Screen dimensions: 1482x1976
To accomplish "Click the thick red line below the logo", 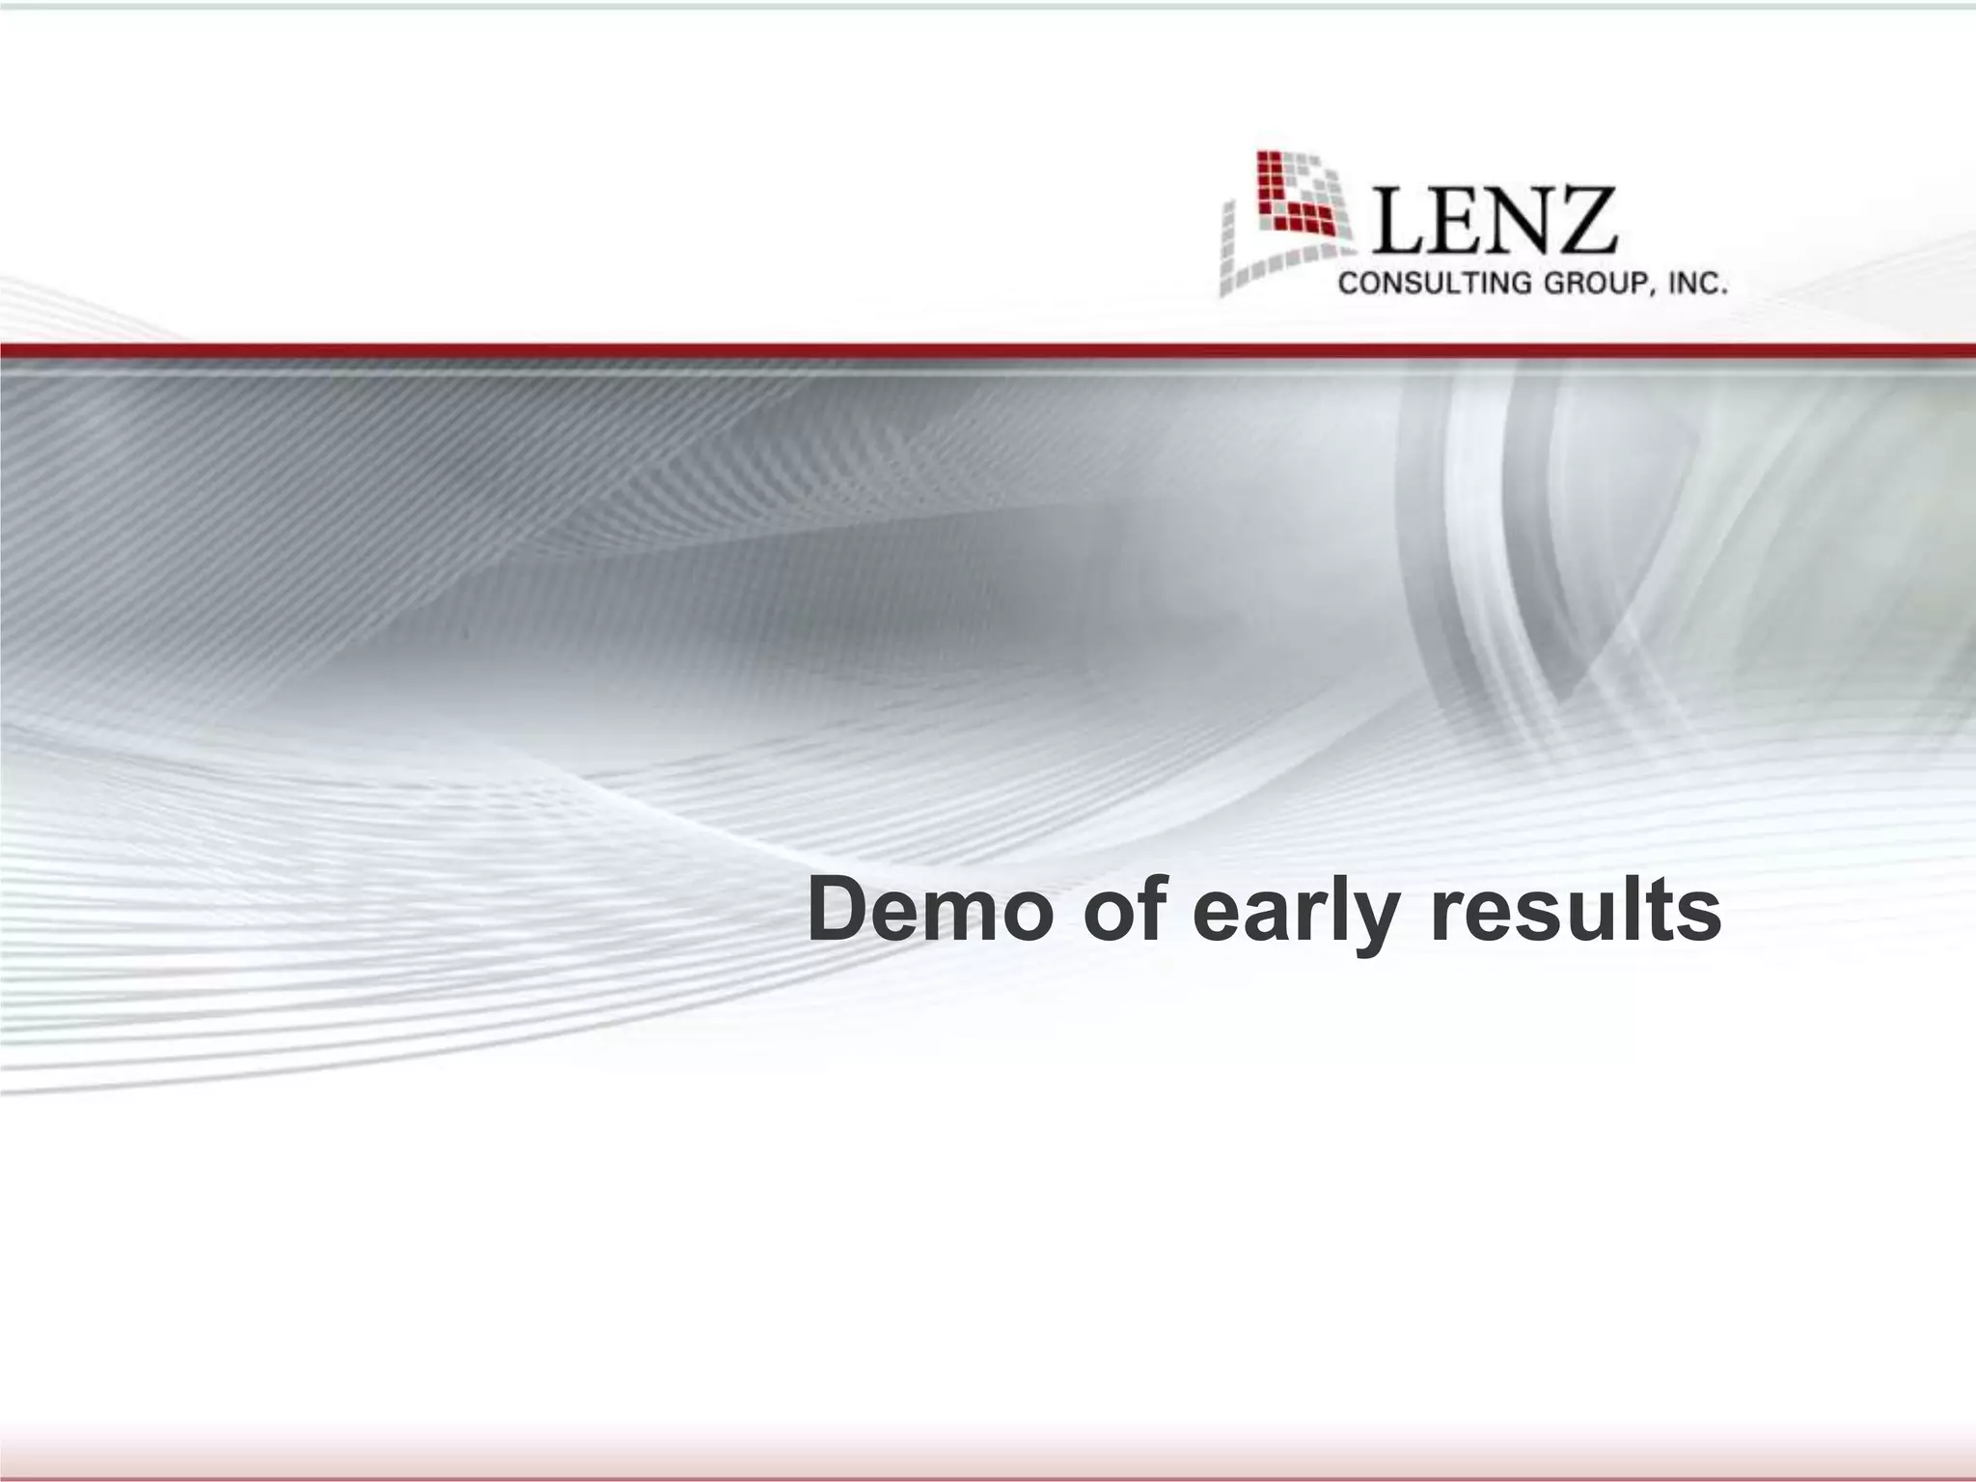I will point(988,350).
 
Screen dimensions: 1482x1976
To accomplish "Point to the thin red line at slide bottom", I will point(988,1476).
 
